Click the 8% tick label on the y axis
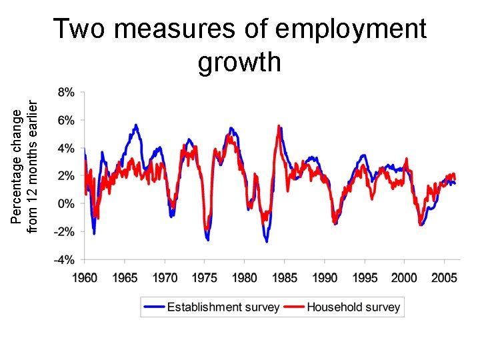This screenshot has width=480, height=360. click(x=65, y=91)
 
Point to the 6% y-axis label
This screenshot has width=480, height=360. click(x=65, y=120)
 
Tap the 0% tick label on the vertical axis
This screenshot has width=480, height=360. click(x=65, y=203)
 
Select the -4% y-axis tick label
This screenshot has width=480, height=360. click(x=63, y=259)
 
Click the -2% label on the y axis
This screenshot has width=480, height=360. click(x=63, y=231)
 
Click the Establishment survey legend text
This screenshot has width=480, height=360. click(x=223, y=307)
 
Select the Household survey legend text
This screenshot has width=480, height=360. click(x=353, y=307)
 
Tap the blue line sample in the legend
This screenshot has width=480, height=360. click(x=154, y=307)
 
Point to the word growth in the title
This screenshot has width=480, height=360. click(x=240, y=62)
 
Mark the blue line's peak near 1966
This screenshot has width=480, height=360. click(x=136, y=125)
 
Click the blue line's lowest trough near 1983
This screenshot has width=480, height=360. click(x=267, y=241)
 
